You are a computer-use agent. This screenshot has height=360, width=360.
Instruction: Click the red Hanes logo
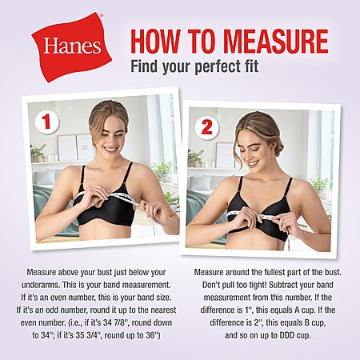71,47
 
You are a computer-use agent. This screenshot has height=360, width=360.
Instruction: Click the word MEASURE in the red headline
276,42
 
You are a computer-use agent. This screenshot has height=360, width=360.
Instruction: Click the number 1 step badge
46,122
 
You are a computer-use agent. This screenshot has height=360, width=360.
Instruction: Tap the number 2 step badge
206,127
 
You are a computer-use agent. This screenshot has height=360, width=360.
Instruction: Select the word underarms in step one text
40,285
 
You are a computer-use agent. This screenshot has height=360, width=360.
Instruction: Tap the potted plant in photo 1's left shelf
38,153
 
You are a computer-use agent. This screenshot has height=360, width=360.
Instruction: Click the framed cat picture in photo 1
86,147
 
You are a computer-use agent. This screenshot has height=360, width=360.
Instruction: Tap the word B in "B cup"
306,322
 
